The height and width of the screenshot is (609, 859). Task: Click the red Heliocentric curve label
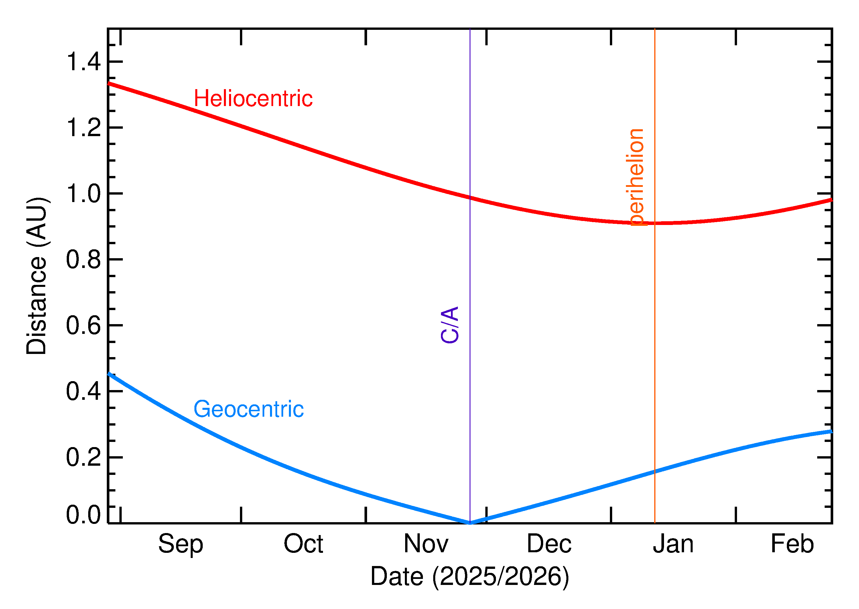coord(253,99)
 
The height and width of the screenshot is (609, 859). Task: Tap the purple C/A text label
coord(450,325)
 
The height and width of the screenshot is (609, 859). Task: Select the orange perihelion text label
coord(637,177)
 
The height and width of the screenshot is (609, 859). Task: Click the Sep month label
coord(181,544)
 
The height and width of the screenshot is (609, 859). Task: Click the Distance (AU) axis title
coord(36,276)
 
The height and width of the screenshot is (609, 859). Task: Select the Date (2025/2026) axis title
coord(470,576)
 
